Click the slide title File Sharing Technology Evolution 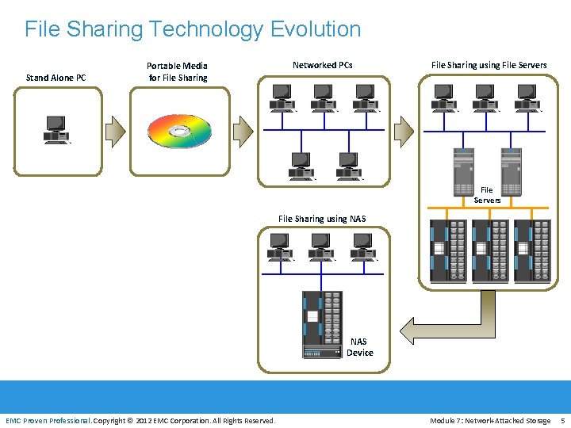[x=193, y=29]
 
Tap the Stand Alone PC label [x=56, y=78]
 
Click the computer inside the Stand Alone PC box [x=56, y=129]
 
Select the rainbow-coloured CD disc [x=180, y=132]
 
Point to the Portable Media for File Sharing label [x=178, y=71]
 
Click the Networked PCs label [x=323, y=65]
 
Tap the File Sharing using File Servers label [x=489, y=65]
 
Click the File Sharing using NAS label [x=322, y=219]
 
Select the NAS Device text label [x=359, y=347]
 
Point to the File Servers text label [x=487, y=195]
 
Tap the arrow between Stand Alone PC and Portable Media [x=117, y=131]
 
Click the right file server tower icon [x=512, y=171]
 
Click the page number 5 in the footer [x=562, y=420]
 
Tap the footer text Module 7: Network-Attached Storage [x=490, y=420]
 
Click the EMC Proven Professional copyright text [x=140, y=420]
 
